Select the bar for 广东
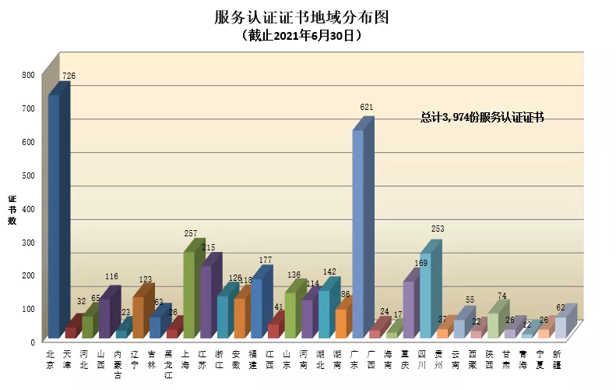[x=358, y=234]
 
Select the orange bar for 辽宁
[x=139, y=317]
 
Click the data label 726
[x=69, y=76]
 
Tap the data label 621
[x=367, y=106]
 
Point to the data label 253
[x=437, y=229]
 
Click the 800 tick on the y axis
[x=29, y=75]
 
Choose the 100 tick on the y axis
[x=29, y=309]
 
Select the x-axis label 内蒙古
[x=118, y=363]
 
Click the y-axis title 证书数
[x=12, y=209]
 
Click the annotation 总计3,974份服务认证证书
[x=482, y=117]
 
